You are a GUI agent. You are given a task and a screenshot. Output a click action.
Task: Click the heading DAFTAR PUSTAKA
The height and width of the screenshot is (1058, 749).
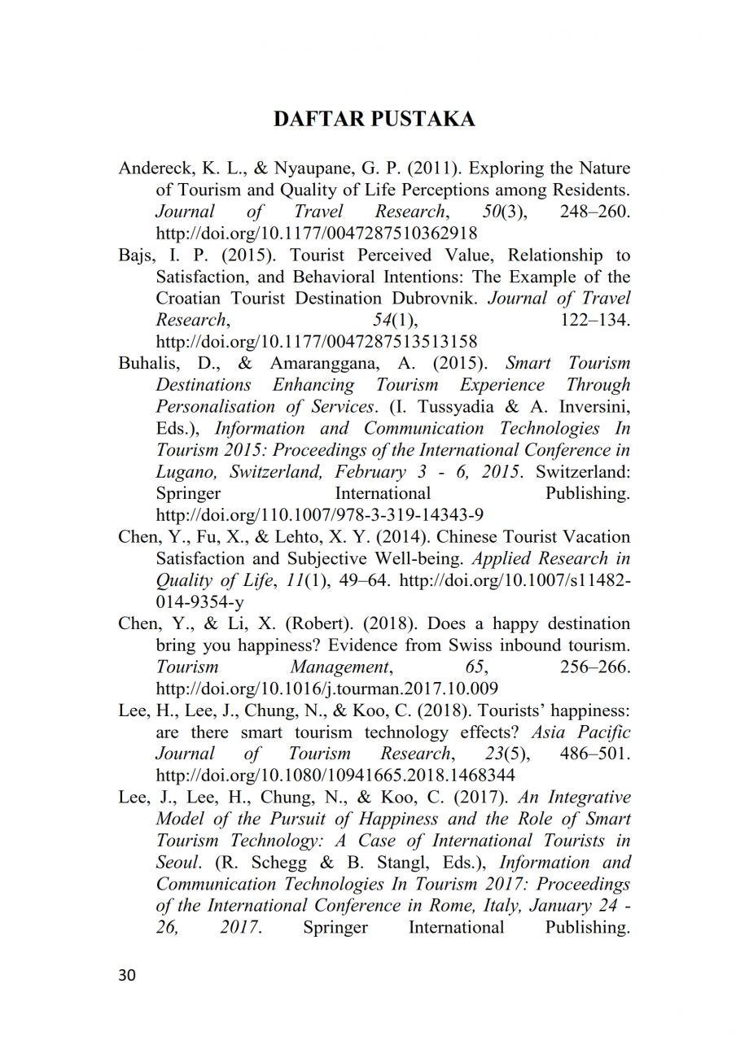[374, 120]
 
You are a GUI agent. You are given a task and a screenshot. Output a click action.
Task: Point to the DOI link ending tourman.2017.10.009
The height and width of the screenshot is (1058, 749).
[326, 689]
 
